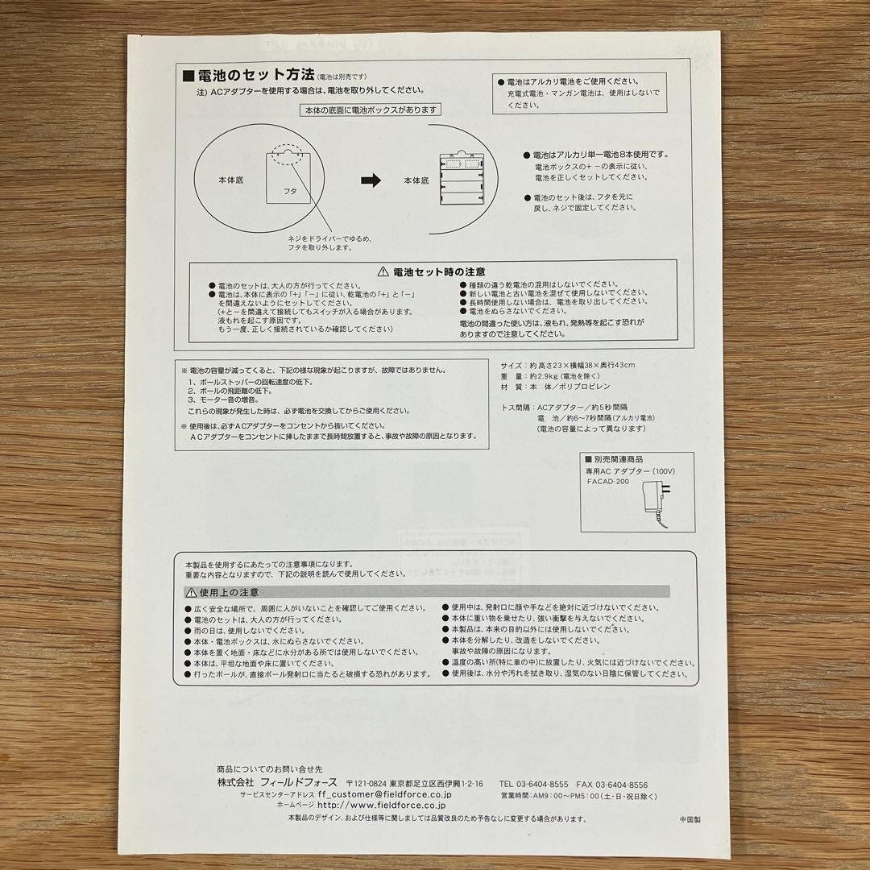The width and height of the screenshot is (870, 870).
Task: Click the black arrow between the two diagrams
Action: pos(370,181)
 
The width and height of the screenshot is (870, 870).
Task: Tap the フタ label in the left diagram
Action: pos(290,192)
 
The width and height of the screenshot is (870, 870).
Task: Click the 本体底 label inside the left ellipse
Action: pos(230,181)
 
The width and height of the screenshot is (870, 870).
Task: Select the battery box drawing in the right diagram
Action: pos(463,178)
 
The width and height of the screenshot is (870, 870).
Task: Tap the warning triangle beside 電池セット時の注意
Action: pos(383,272)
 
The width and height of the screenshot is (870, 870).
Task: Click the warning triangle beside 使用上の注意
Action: pos(190,592)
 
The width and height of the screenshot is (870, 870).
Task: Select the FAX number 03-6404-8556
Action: pos(622,784)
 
